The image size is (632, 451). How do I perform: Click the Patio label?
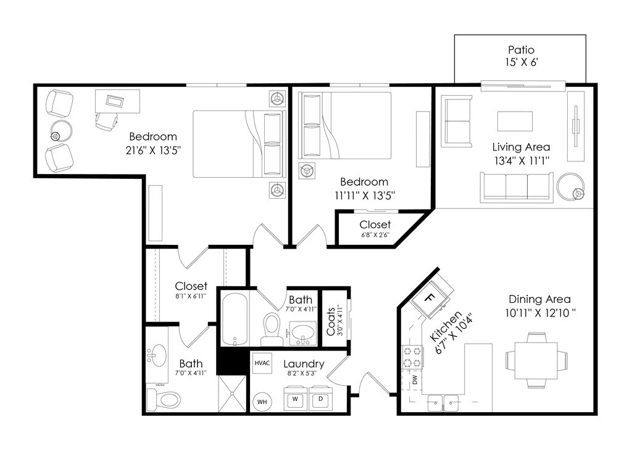pos(521,50)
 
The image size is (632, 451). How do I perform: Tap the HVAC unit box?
pos(262,363)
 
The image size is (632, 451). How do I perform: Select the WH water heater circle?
pos(262,402)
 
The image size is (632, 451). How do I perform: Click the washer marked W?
pos(296,399)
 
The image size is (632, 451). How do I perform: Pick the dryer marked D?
pos(321,399)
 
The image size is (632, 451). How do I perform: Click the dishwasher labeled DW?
pos(412,379)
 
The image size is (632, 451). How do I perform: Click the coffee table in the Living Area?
pos(515,122)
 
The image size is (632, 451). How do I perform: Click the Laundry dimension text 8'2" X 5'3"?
pos(302,373)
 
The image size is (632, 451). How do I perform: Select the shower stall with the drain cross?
pos(231,394)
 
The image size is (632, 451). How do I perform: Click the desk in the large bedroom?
pos(118,101)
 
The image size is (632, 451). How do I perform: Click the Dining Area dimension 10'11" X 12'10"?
pos(539,313)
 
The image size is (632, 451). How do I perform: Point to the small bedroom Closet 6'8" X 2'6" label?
pos(375,228)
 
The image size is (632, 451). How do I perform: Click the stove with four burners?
pos(412,357)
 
